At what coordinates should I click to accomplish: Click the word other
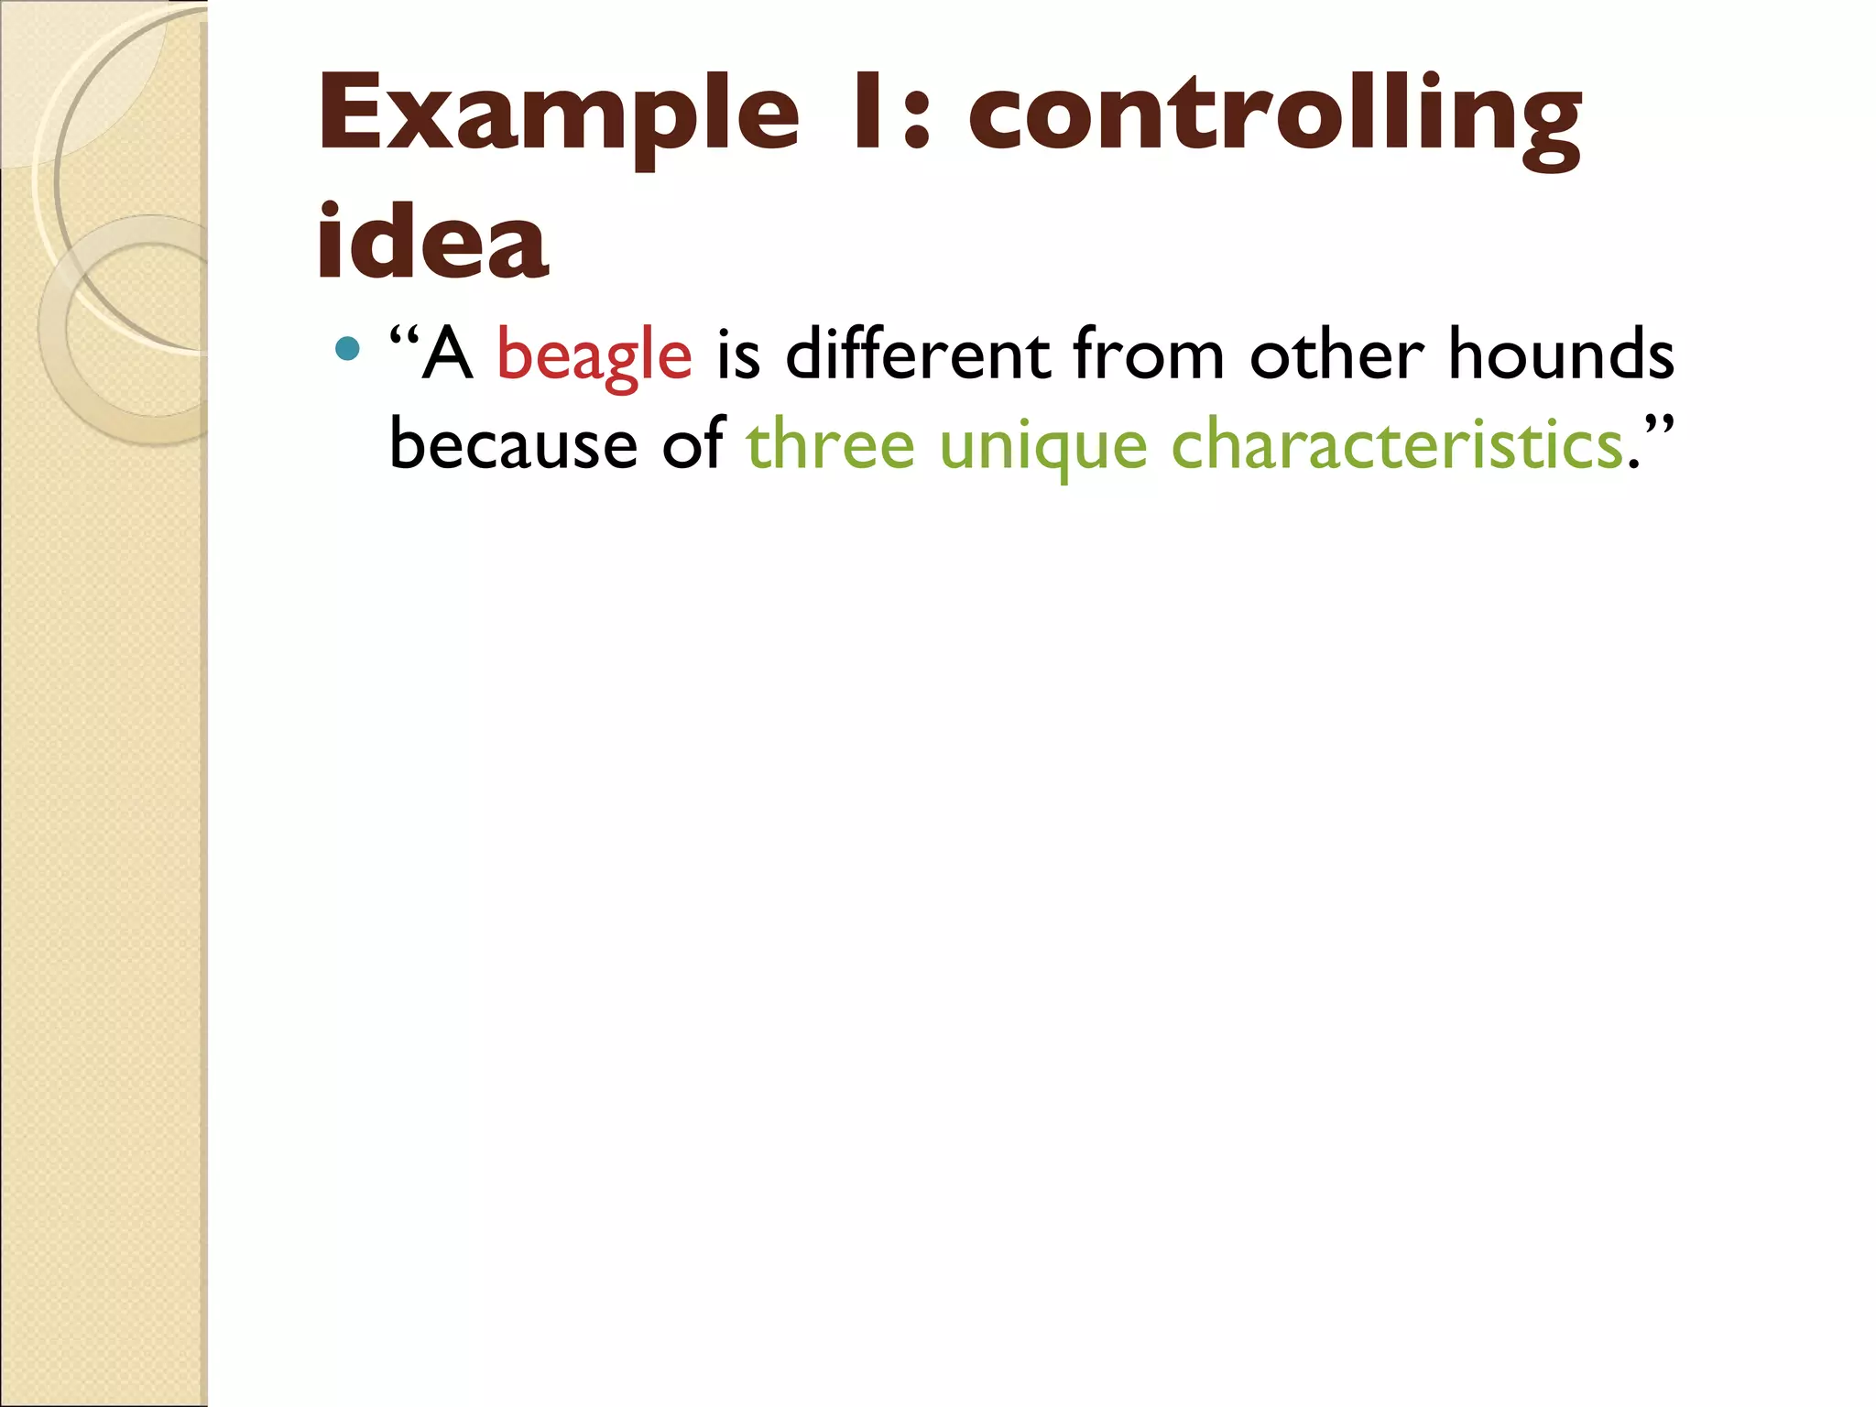[x=1337, y=354]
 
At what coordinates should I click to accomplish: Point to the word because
[x=513, y=444]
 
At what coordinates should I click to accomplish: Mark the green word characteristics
[x=1398, y=444]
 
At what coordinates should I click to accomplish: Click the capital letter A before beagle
[x=449, y=355]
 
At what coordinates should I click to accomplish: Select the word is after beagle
[x=738, y=354]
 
